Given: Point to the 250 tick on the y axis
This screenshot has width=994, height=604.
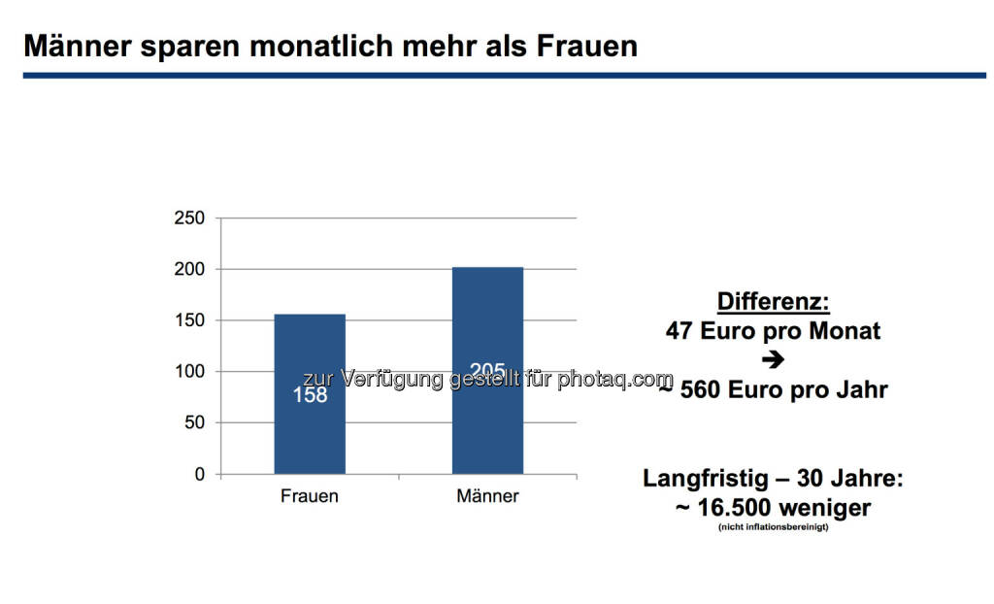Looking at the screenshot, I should pyautogui.click(x=191, y=218).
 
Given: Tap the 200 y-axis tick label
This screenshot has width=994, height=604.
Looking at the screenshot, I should pyautogui.click(x=191, y=269).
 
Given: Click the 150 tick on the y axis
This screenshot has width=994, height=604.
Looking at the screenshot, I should pyautogui.click(x=191, y=320).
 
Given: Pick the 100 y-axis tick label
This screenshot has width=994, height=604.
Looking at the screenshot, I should pyautogui.click(x=191, y=372).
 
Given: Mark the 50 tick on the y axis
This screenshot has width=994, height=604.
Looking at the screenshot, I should pyautogui.click(x=195, y=423).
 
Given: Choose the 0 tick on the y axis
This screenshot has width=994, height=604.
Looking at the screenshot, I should pyautogui.click(x=200, y=475).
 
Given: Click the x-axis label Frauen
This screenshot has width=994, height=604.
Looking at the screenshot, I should pyautogui.click(x=310, y=497).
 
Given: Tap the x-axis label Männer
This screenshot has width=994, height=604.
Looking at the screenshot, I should pyautogui.click(x=487, y=497).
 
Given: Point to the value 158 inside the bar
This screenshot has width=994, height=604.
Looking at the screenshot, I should pyautogui.click(x=310, y=395).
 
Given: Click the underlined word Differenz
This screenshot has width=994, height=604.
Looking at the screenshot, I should pyautogui.click(x=773, y=301).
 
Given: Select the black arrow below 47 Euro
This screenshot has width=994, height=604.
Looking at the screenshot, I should pyautogui.click(x=773, y=360).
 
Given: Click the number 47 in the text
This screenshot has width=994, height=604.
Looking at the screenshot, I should pyautogui.click(x=679, y=331).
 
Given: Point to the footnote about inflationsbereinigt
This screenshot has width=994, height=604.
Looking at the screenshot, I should pyautogui.click(x=773, y=527).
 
